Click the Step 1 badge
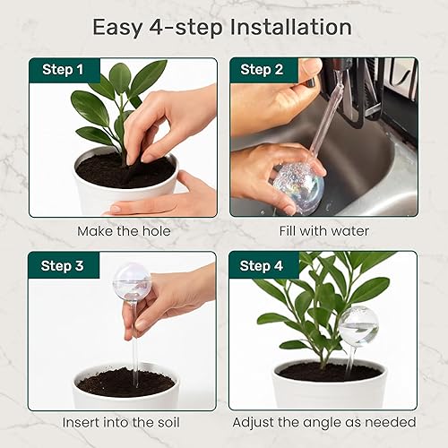point(64,69)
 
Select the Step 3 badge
point(64,265)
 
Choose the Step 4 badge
point(260,265)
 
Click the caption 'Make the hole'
point(123,231)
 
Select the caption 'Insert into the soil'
point(123,422)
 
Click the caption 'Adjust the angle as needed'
point(323,422)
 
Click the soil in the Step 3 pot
point(125,383)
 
